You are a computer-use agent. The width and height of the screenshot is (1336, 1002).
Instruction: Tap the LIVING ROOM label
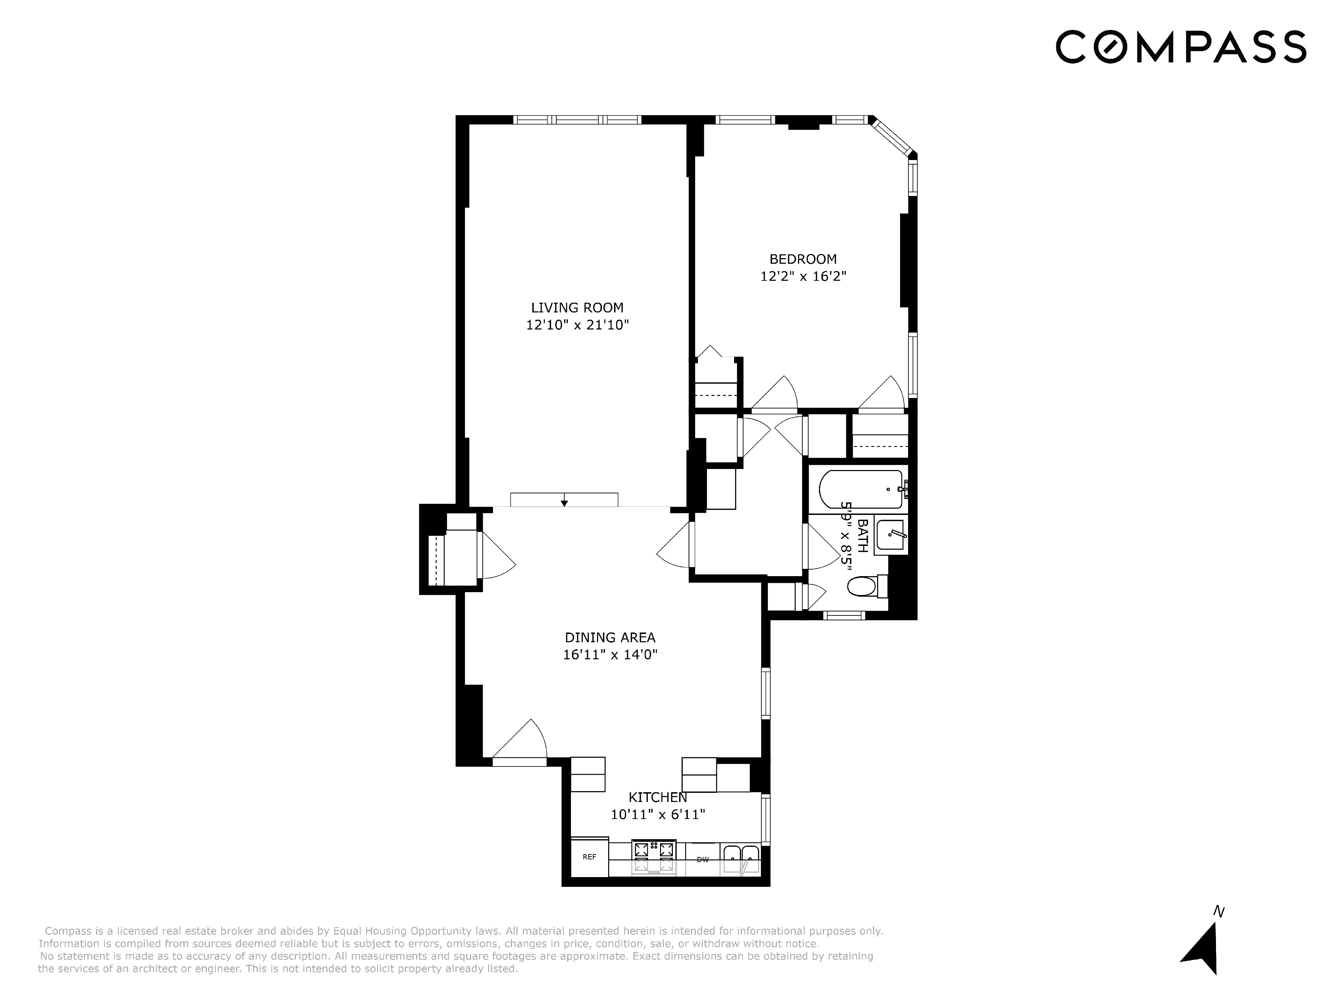(x=577, y=308)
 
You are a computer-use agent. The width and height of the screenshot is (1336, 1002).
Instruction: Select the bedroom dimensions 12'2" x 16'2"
(x=803, y=277)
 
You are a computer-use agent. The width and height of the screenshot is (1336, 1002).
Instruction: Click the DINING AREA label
(x=610, y=637)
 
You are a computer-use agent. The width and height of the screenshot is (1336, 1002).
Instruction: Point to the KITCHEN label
(x=658, y=797)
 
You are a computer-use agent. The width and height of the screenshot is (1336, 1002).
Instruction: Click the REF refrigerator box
(x=589, y=857)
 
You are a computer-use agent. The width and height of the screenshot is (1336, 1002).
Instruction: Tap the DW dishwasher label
(x=702, y=859)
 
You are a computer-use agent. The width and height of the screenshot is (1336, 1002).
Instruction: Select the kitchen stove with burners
(x=653, y=857)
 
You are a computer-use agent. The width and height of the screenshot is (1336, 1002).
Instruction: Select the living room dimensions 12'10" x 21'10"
(x=578, y=325)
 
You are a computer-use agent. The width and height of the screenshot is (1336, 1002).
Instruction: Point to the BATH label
(x=863, y=536)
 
